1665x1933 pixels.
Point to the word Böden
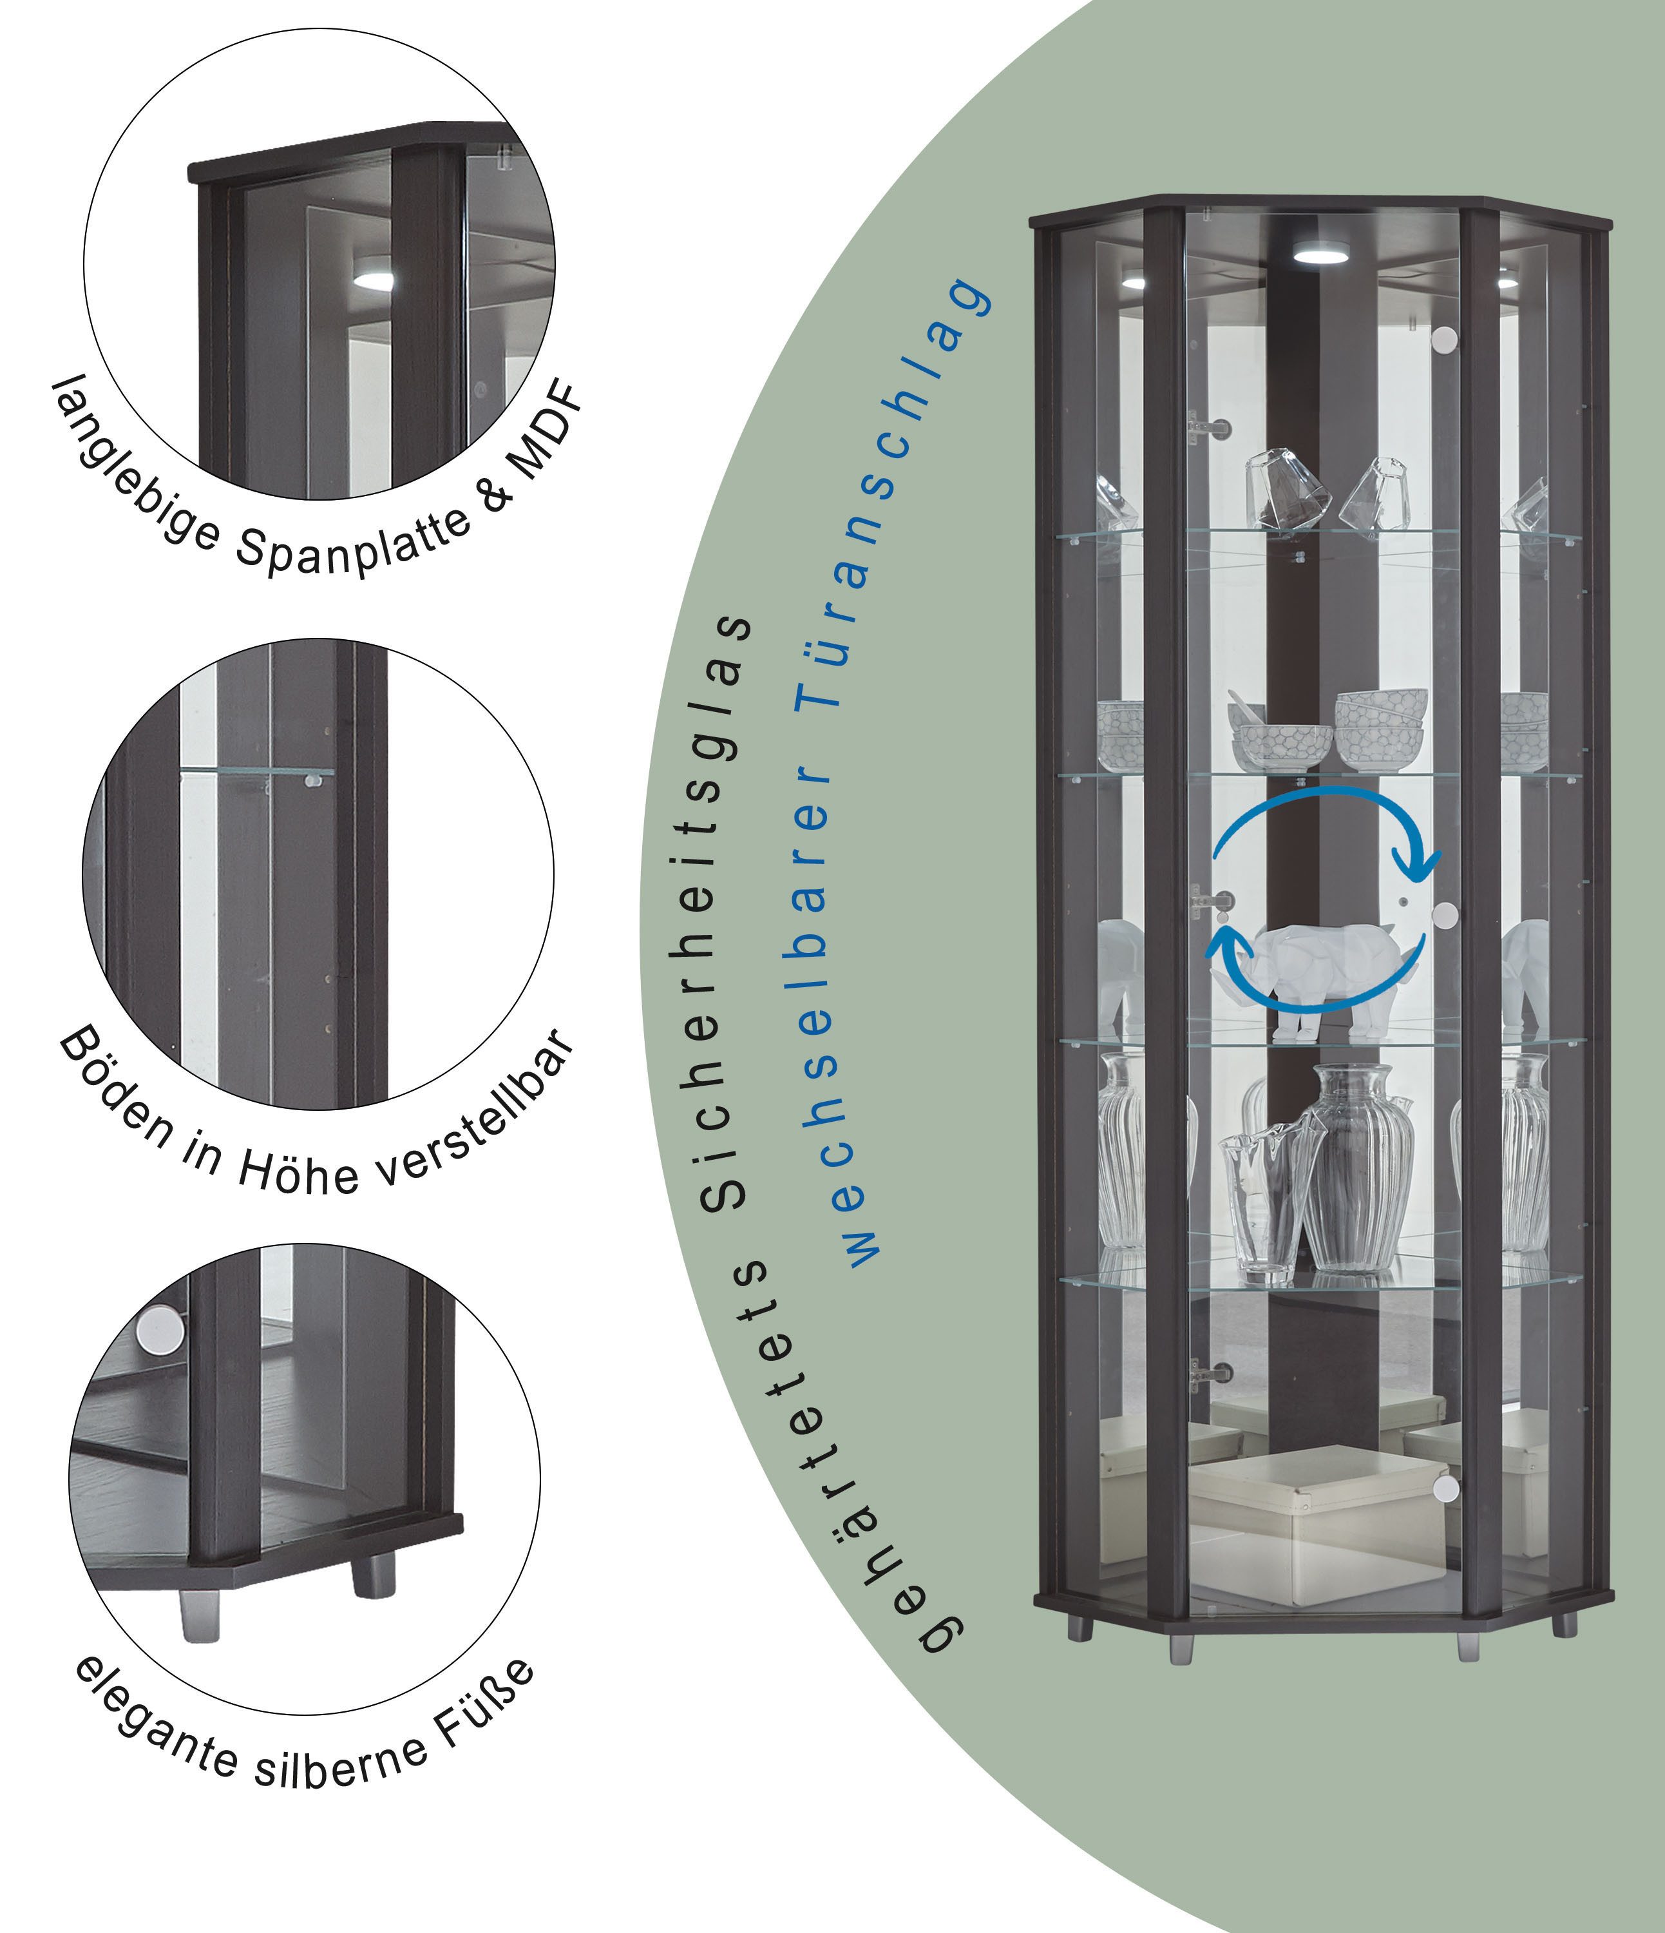117,1092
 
